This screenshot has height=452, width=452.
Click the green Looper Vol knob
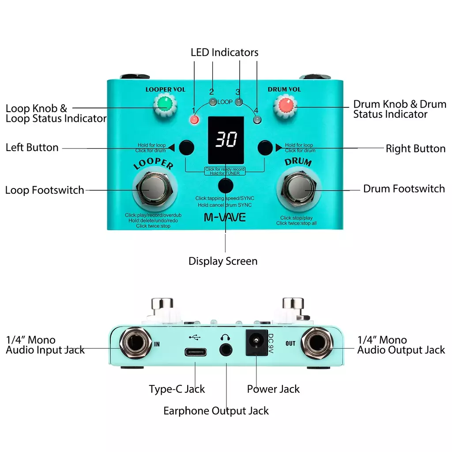(x=165, y=105)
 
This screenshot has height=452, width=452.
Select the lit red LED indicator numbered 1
(x=194, y=119)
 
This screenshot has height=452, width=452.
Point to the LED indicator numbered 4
(x=257, y=119)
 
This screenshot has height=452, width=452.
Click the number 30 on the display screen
(x=226, y=139)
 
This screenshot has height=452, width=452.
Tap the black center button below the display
(x=226, y=186)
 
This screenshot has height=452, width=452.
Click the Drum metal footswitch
(x=299, y=188)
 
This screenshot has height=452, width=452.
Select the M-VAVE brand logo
(x=225, y=217)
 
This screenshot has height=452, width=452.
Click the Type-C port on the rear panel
(x=196, y=352)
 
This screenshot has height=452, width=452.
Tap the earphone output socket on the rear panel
(x=226, y=350)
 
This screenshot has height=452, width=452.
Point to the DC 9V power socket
(x=256, y=343)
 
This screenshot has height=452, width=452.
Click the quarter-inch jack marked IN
(x=136, y=343)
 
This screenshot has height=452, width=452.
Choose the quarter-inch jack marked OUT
(x=317, y=343)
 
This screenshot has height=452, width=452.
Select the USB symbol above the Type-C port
(x=195, y=337)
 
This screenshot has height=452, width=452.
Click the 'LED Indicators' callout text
(x=225, y=53)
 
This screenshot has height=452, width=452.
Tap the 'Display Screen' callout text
(x=223, y=261)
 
